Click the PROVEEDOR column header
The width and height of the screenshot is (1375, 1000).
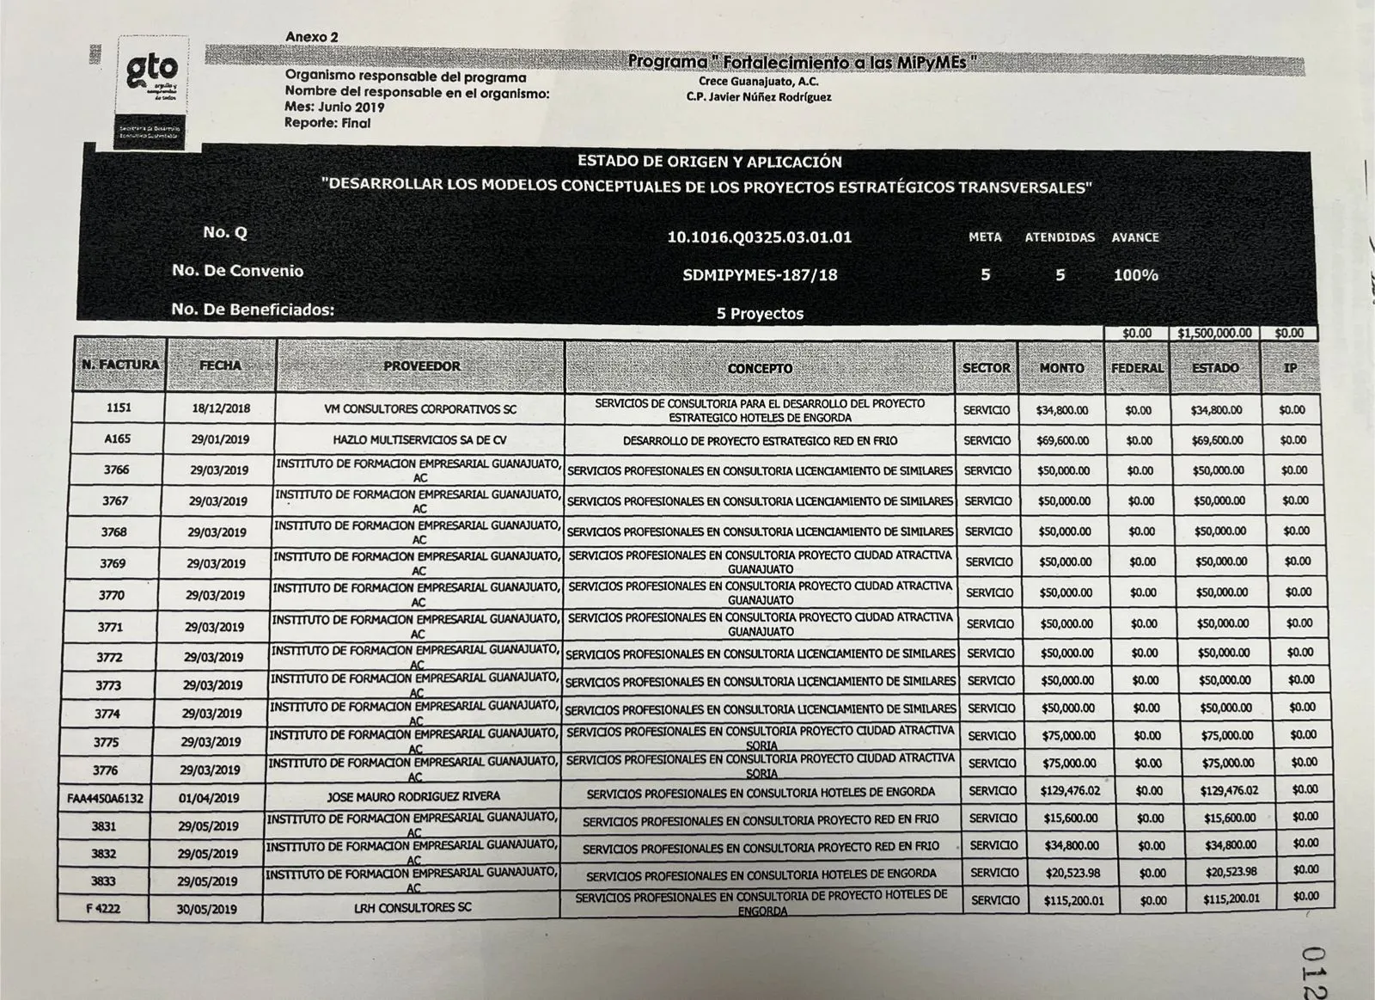(x=421, y=366)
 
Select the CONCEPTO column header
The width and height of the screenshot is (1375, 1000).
(x=760, y=368)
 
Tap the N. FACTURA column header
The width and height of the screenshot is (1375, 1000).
(x=120, y=365)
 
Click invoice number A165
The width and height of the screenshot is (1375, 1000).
(x=118, y=439)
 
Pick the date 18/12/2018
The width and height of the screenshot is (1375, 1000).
(x=221, y=408)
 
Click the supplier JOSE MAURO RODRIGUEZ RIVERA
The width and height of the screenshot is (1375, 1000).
(x=413, y=796)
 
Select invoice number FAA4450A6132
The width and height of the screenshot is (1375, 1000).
(x=105, y=798)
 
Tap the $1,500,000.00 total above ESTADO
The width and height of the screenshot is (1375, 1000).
(x=1215, y=333)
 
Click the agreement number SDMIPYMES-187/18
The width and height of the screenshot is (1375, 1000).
(x=759, y=275)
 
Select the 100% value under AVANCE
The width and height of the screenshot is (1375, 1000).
(x=1135, y=275)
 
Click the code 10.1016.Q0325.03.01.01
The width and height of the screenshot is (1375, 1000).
(x=759, y=237)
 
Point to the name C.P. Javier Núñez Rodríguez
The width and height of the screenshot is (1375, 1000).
(x=759, y=96)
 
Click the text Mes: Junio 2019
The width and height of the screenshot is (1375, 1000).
(x=334, y=107)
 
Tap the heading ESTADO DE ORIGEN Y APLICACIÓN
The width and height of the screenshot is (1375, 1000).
(x=709, y=162)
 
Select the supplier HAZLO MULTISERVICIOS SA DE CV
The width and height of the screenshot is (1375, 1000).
(x=419, y=439)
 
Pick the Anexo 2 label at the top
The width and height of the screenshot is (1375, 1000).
(x=312, y=37)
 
